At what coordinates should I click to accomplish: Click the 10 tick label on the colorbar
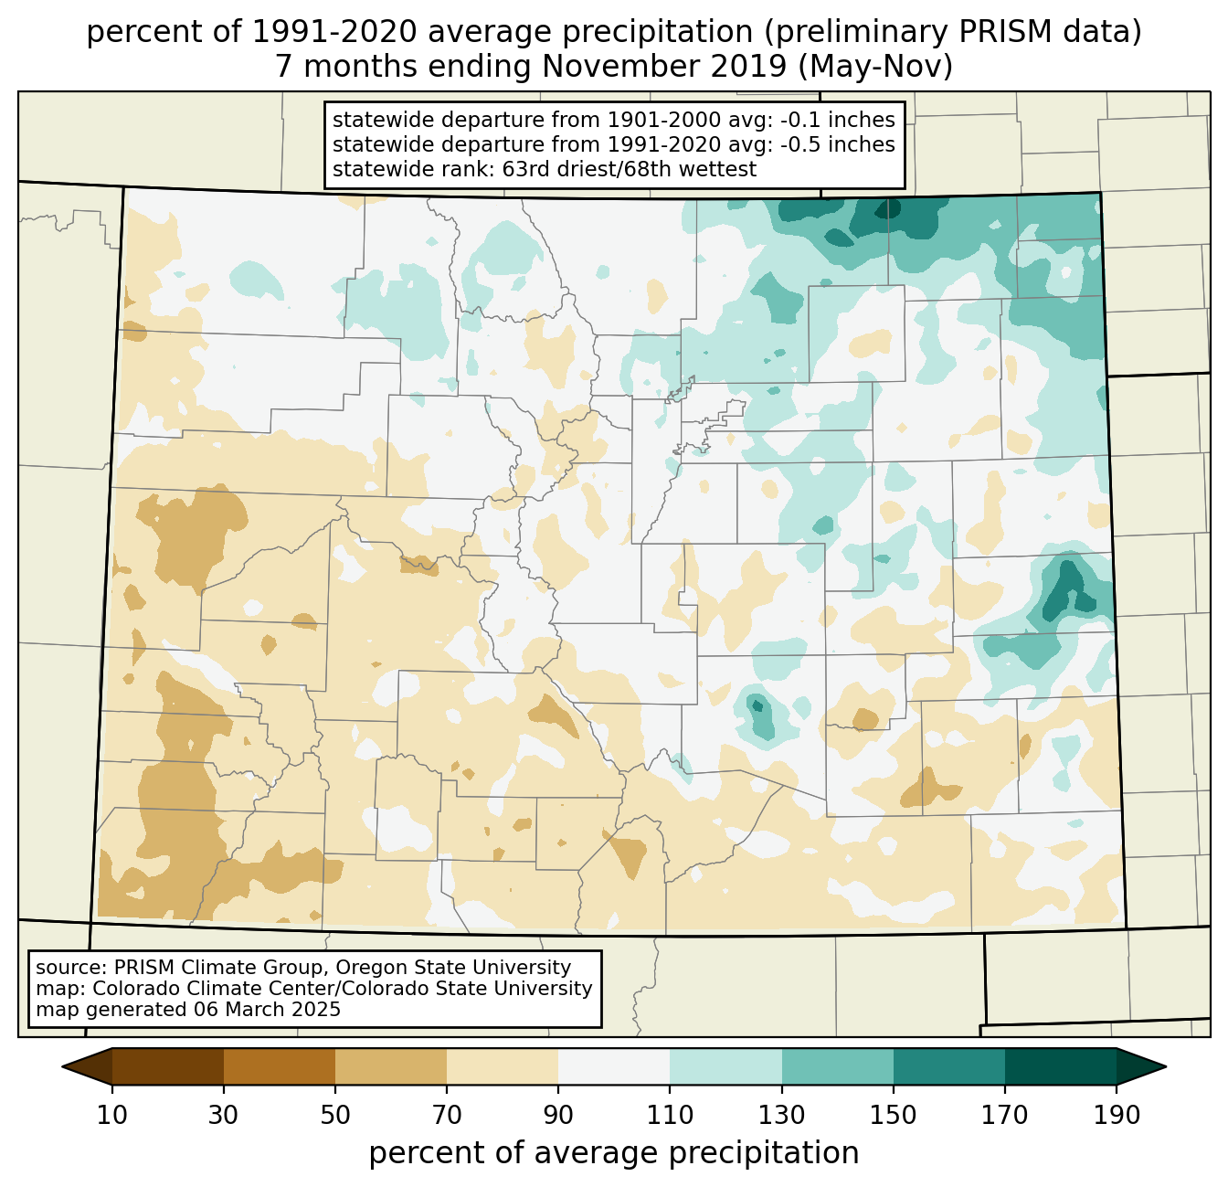coord(112,1116)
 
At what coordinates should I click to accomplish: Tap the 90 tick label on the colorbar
coord(558,1116)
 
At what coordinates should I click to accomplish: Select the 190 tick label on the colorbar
coord(1117,1116)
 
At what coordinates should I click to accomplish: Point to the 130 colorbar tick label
coord(782,1116)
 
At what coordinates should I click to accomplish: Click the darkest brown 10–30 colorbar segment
coord(168,1066)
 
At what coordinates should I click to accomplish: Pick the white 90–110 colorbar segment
coord(614,1066)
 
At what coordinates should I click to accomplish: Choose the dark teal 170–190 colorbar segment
coord(1060,1066)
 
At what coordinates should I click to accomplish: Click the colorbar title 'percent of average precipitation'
coord(614,1153)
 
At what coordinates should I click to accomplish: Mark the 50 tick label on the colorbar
coord(335,1116)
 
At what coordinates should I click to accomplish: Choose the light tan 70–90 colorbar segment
coord(503,1066)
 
